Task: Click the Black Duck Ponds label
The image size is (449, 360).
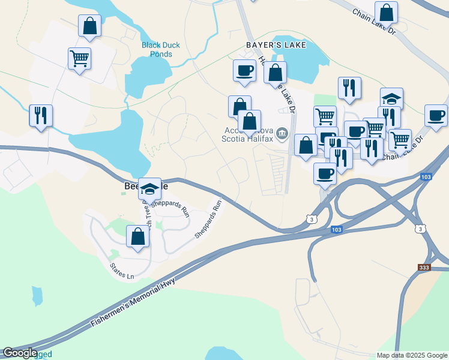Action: point(157,49)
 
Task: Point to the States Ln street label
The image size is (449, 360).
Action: point(122,271)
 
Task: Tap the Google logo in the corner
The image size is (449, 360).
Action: point(20,353)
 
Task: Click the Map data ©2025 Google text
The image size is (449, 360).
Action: point(411,355)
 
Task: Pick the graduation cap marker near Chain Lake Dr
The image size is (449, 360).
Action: point(391,98)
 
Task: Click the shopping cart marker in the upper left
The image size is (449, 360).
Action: point(79,58)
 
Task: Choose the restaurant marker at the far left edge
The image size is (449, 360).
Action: point(41,115)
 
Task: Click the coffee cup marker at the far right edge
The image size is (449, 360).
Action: point(436,115)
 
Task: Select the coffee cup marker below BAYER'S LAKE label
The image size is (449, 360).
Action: point(244,70)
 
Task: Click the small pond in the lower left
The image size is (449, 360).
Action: point(37,295)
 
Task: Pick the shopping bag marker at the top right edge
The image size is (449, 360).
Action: point(386,12)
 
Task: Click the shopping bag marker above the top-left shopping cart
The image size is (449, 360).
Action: point(89,26)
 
